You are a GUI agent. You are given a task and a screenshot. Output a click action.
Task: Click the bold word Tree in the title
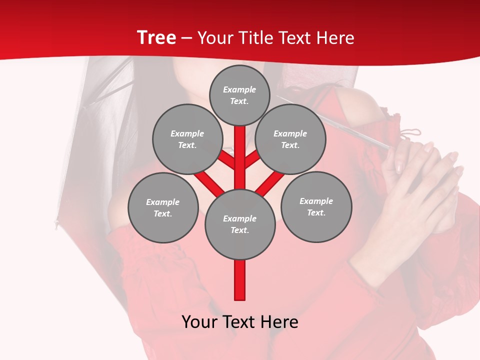pyautogui.click(x=156, y=38)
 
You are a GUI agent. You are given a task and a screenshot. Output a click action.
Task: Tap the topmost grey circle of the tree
pyautogui.click(x=239, y=95)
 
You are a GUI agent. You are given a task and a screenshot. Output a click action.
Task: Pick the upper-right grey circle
pyautogui.click(x=290, y=139)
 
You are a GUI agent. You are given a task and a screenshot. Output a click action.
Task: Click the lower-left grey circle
pyautogui.click(x=162, y=207)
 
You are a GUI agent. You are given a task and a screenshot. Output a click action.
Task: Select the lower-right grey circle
pyautogui.click(x=316, y=206)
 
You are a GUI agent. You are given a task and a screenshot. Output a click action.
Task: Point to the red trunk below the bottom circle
pyautogui.click(x=239, y=280)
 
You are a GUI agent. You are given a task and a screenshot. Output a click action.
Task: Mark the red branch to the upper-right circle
pyautogui.click(x=252, y=159)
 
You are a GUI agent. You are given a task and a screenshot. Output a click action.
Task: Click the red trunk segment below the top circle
pyautogui.click(x=239, y=150)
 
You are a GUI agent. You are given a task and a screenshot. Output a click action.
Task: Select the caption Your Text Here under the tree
pyautogui.click(x=239, y=322)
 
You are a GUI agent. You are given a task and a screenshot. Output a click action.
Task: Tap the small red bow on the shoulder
pyautogui.click(x=410, y=134)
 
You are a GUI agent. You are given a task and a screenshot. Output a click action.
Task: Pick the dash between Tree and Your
pyautogui.click(x=186, y=38)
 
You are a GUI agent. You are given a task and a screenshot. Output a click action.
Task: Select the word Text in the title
pyautogui.click(x=299, y=38)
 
